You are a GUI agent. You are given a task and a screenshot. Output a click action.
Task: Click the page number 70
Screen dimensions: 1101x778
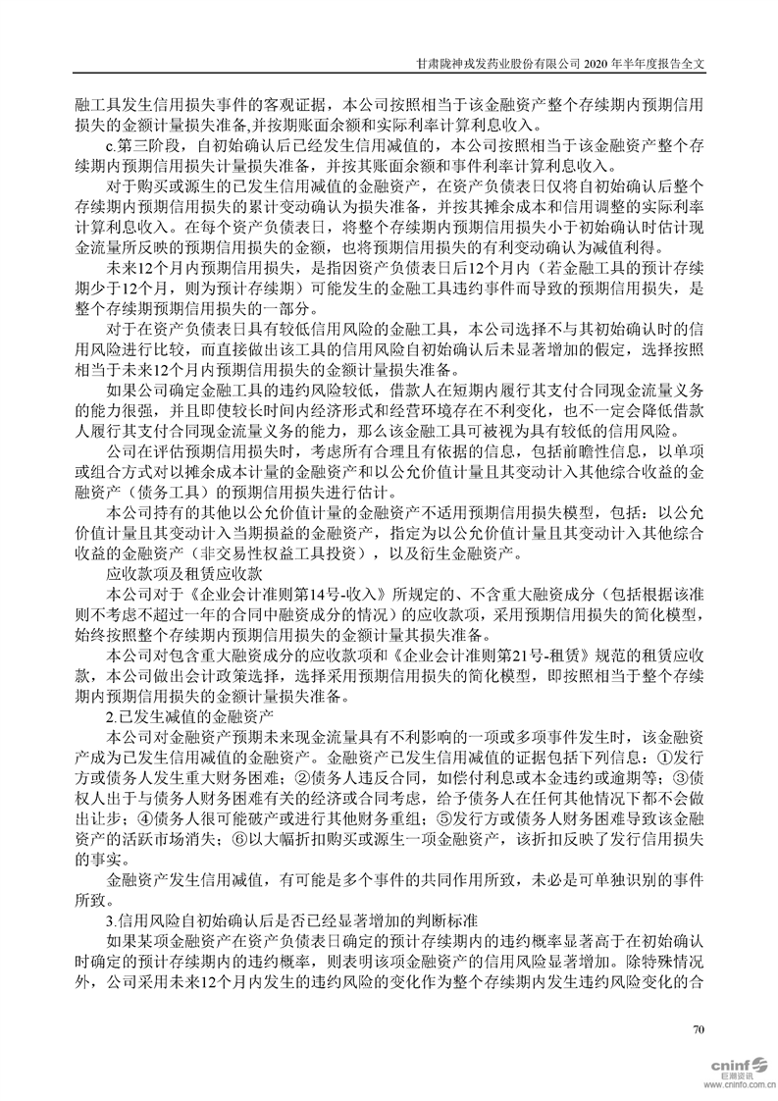click(699, 1029)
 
